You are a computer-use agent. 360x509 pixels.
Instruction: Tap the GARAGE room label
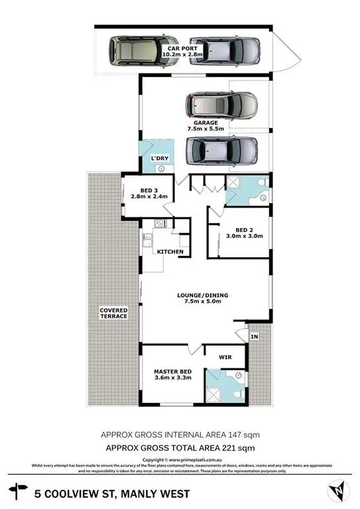point(206,123)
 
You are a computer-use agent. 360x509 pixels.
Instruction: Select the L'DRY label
point(160,158)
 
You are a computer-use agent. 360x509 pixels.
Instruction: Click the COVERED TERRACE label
point(113,313)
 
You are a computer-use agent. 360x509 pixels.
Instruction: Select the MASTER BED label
point(172,371)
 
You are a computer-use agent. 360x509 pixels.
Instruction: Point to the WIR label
point(226,357)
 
